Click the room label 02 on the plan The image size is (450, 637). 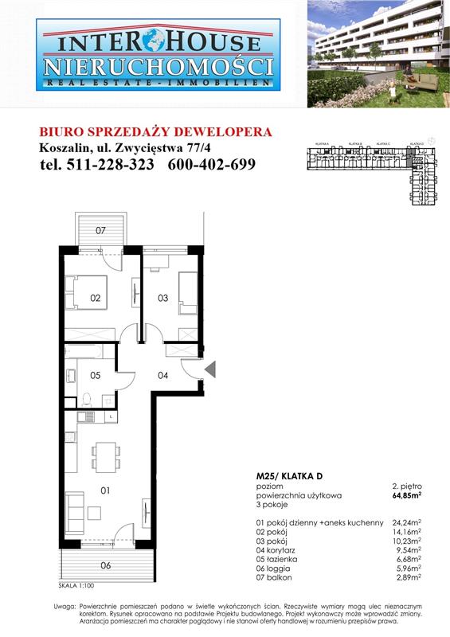coord(95,299)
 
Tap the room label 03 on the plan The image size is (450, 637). coord(162,299)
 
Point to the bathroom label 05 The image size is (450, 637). coord(95,375)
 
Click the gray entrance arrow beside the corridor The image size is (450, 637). coord(210,369)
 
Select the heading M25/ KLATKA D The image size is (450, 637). coord(284,475)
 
